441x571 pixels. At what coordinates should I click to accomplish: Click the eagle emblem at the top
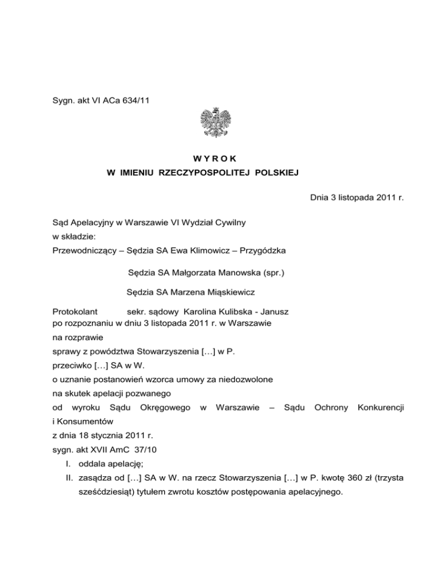[x=220, y=122]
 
